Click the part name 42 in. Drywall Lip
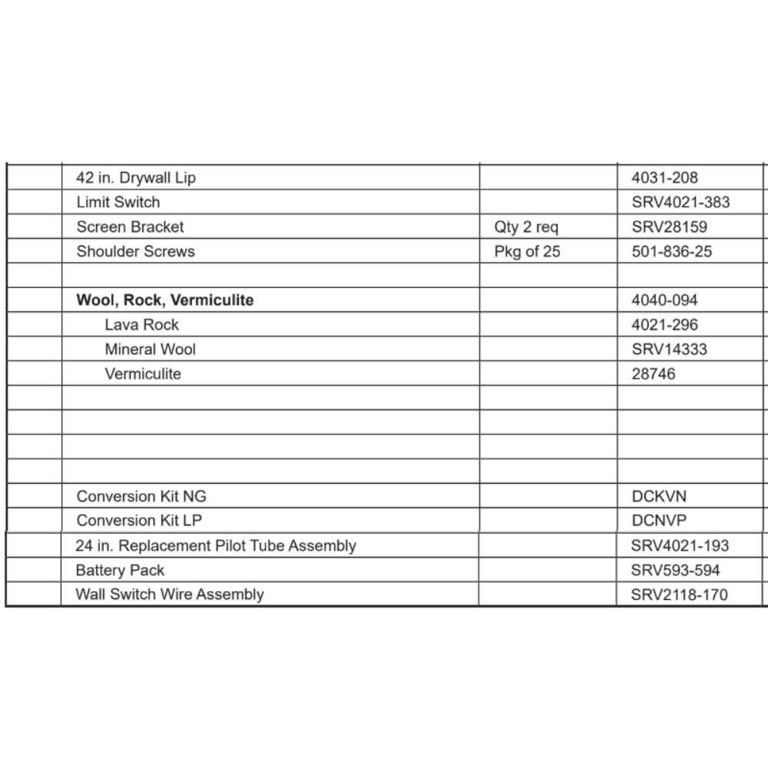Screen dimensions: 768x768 [x=136, y=178]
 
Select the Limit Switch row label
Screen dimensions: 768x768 [x=118, y=203]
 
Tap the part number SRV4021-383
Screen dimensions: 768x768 [x=680, y=203]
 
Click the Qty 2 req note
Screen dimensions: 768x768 [x=527, y=227]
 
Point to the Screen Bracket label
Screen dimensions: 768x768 [x=130, y=227]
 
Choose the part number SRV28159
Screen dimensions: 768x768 [x=669, y=227]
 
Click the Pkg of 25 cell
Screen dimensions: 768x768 [x=527, y=252]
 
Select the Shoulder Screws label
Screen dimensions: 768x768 [x=135, y=252]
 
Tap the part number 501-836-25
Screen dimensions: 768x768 [x=671, y=252]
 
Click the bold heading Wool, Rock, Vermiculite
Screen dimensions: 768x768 [x=164, y=300]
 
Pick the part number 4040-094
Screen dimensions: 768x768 [x=664, y=300]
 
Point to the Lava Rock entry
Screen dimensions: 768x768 [x=141, y=325]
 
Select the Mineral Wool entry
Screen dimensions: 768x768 [x=150, y=349]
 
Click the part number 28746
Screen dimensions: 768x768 [x=654, y=374]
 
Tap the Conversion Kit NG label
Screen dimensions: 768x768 [x=141, y=496]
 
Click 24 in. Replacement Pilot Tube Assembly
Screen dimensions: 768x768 [x=216, y=546]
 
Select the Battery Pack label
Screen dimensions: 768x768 [x=120, y=571]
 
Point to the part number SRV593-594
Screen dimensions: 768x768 [x=675, y=571]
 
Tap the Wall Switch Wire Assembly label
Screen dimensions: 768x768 [x=170, y=594]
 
